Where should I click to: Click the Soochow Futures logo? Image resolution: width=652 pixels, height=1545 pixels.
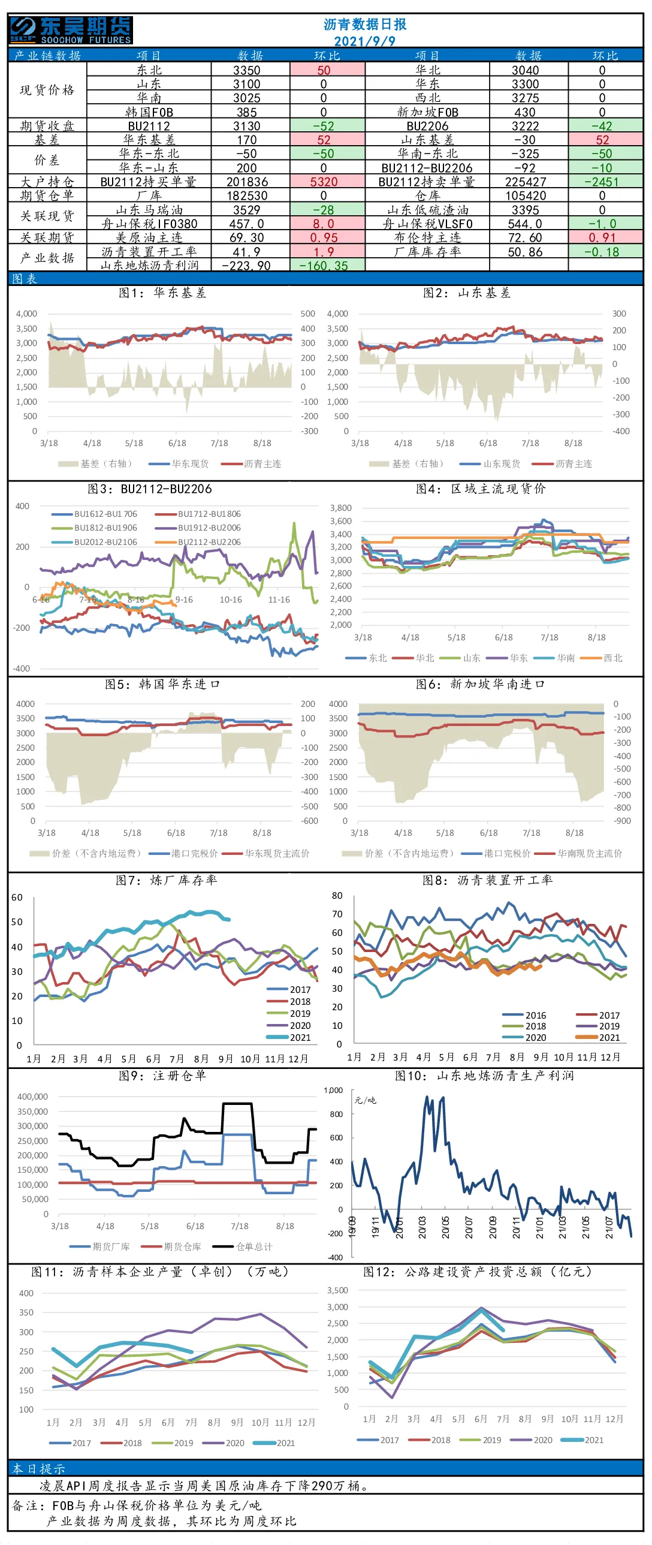[x=71, y=30]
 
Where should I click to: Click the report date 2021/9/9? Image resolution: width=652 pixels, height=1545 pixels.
[x=364, y=41]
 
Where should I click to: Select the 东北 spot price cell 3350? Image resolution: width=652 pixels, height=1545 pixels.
[x=247, y=70]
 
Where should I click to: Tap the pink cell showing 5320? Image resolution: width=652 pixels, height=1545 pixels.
[x=324, y=181]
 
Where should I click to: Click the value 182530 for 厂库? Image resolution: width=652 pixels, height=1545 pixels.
[x=247, y=195]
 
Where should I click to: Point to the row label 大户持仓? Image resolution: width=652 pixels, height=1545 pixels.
[x=47, y=181]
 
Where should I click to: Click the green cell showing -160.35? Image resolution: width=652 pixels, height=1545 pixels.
[x=324, y=265]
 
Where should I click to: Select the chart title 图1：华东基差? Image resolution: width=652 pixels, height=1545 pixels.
[x=162, y=293]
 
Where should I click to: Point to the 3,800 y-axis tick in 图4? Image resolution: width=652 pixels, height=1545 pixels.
[x=341, y=508]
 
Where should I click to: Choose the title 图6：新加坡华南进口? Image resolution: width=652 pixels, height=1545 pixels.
[x=480, y=683]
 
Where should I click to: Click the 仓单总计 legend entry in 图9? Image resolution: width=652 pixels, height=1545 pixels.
[x=243, y=1246]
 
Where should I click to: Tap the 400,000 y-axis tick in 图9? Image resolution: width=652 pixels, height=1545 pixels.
[x=32, y=1097]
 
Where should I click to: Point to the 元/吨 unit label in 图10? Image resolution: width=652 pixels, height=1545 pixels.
[x=365, y=1100]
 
